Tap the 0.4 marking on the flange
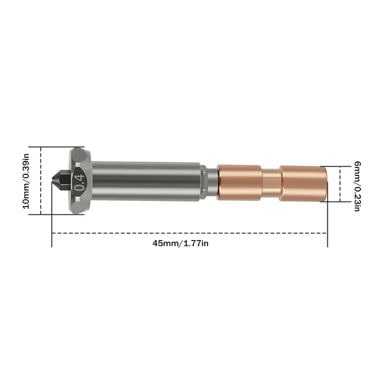click(x=79, y=181)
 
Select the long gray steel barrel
click(x=147, y=181)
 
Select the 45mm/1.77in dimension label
click(x=180, y=243)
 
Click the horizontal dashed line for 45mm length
click(x=189, y=233)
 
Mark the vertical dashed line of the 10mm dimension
click(x=41, y=180)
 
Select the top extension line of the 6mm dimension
click(x=334, y=166)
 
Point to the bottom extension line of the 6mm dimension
click(x=334, y=201)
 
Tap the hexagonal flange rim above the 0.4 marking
click(x=78, y=154)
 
